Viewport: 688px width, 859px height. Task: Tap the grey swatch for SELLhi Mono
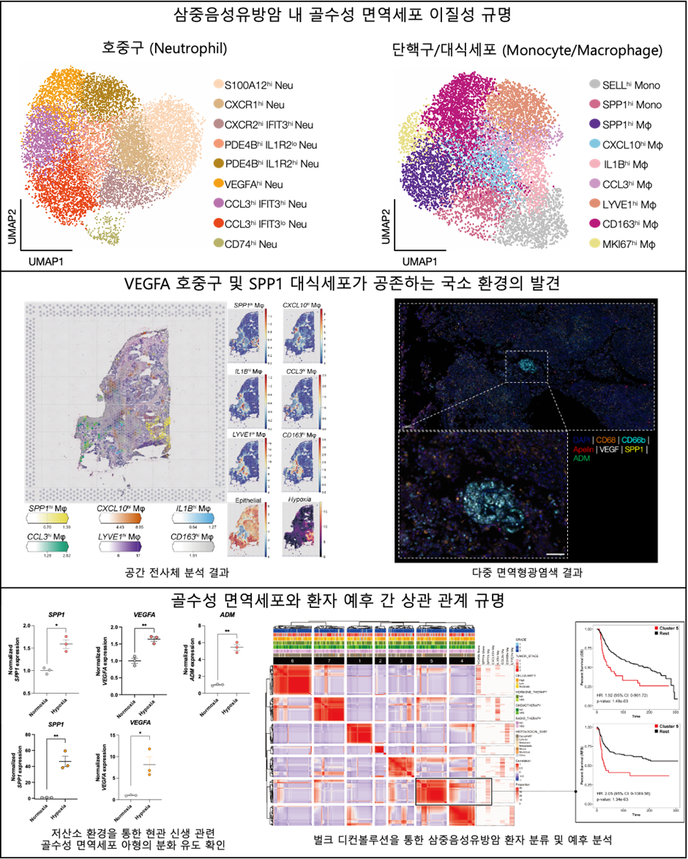point(596,86)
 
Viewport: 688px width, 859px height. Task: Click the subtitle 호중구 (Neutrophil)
point(163,49)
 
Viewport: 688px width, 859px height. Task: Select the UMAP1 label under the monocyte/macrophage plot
point(424,260)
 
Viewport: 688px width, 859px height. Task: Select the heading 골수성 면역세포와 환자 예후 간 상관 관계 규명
point(344,600)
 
